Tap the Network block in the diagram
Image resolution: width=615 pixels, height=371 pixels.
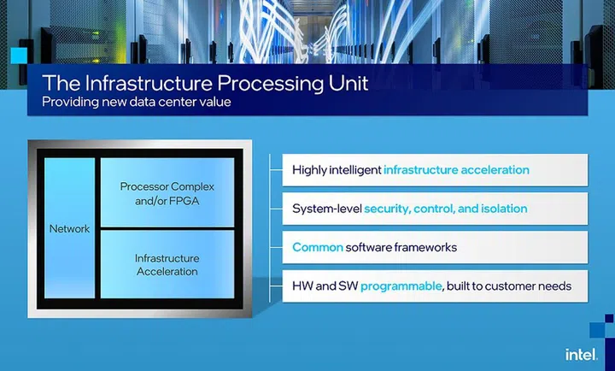68,229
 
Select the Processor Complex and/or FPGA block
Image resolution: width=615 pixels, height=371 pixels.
167,192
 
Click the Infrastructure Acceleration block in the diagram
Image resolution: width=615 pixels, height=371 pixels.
167,265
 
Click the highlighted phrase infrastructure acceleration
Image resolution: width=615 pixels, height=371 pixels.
456,170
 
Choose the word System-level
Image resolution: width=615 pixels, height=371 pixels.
326,209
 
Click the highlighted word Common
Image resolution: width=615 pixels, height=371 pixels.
318,247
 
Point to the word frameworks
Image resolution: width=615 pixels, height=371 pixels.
429,247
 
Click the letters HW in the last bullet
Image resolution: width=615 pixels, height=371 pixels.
302,286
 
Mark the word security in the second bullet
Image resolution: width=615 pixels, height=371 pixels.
389,209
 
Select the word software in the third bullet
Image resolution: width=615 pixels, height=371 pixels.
374,247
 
